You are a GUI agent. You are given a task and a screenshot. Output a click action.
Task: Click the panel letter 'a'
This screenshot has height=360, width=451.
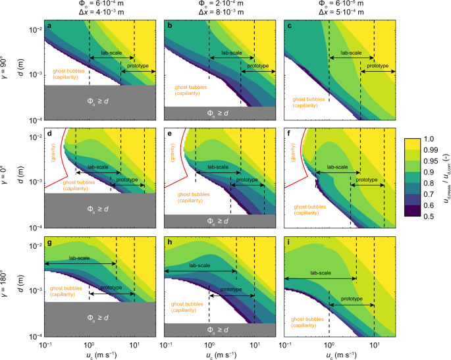point(49,26)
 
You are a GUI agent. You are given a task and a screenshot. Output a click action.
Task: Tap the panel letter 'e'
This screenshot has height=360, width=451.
point(169,134)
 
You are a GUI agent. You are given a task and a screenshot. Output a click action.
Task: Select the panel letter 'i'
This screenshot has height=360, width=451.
point(289,241)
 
